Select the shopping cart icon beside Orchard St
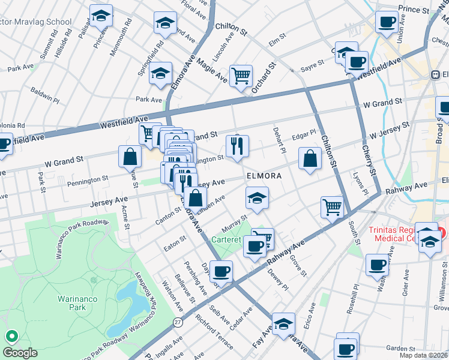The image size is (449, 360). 241,76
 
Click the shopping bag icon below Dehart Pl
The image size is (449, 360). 310,160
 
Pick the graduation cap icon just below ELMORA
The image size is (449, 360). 257,199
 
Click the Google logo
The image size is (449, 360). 20,352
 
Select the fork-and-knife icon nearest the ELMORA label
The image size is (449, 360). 237,146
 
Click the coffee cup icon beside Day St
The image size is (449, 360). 221,272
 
